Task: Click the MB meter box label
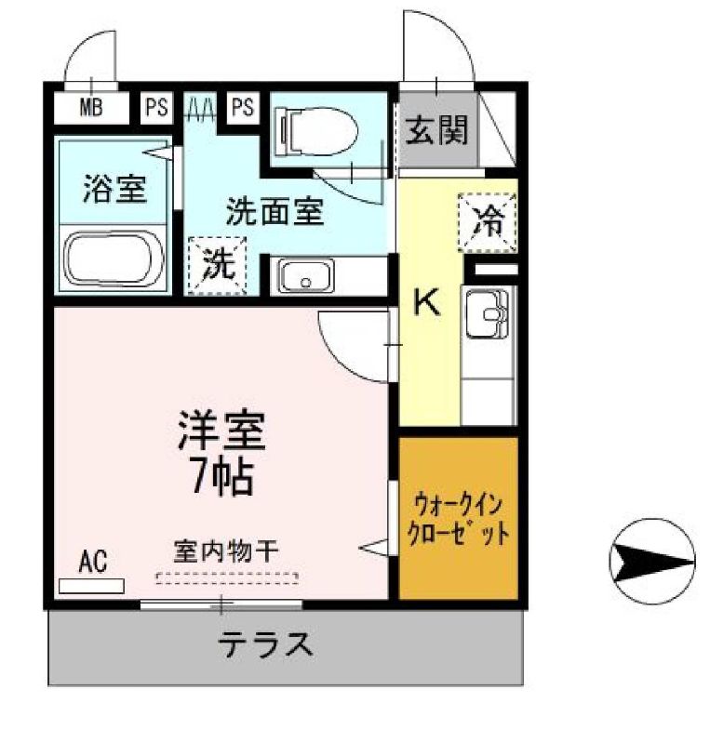90,107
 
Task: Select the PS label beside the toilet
242,107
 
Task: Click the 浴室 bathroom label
114,189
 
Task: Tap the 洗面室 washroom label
275,212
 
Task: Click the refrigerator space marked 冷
487,221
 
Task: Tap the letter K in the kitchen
426,301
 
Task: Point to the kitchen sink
486,315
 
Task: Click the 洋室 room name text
223,431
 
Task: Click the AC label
92,561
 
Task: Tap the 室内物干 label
227,552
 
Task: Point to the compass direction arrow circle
651,562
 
